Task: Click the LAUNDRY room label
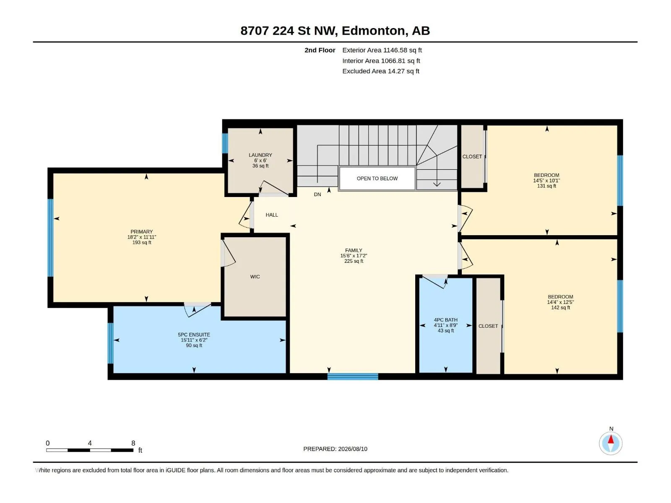tap(260, 155)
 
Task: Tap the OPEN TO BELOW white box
tap(377, 179)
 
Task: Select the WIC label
tap(255, 277)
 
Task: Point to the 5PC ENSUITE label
tap(194, 335)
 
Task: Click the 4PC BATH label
tap(446, 320)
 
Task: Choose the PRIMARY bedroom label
tap(141, 232)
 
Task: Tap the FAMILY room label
tap(354, 250)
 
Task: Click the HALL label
tap(272, 215)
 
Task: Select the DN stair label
tap(317, 194)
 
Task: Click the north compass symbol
tap(611, 443)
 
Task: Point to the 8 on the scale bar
tap(133, 443)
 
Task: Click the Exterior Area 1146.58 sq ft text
tap(382, 50)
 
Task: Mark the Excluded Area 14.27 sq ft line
tap(381, 71)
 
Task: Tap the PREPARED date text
tap(335, 449)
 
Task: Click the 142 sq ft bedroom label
tap(560, 308)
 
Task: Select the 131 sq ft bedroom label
tap(546, 186)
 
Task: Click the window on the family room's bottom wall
tap(353, 376)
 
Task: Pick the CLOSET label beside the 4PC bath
tap(488, 326)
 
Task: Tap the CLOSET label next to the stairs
tap(472, 157)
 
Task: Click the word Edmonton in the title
tap(374, 31)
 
